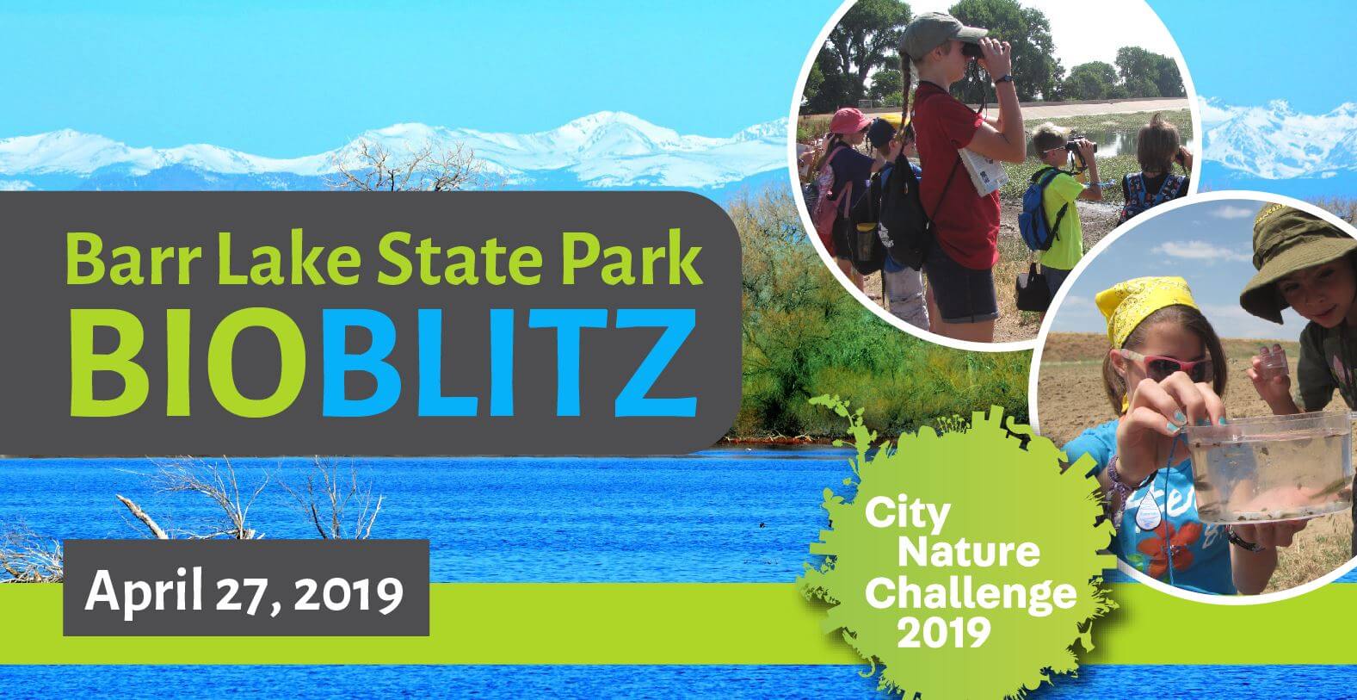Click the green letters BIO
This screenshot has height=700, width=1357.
(x=194, y=362)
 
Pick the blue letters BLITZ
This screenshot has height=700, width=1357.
(x=509, y=362)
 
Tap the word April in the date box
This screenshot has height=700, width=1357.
(x=143, y=591)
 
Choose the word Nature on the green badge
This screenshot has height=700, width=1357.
(x=968, y=552)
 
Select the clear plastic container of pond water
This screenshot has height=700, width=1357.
(x=1266, y=466)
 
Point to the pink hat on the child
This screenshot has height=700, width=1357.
(x=849, y=121)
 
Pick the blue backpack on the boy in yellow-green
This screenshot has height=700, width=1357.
(x=1037, y=210)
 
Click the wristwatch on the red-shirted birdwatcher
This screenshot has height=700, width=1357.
(x=1003, y=79)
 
